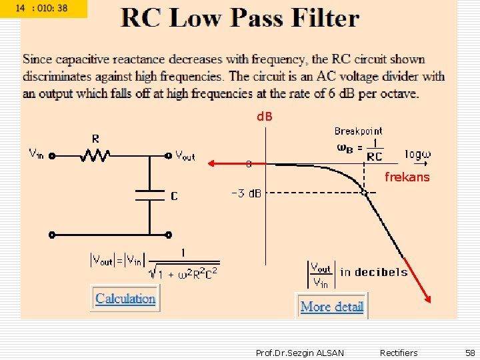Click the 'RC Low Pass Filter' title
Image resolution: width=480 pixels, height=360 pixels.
point(240,18)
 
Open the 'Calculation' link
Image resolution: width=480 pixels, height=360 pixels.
point(125,299)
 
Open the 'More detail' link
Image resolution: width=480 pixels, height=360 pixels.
point(332,307)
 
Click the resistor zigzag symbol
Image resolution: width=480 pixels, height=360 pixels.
point(96,156)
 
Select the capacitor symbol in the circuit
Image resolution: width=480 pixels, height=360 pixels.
point(149,195)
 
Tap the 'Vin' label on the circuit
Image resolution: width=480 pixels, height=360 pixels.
point(36,153)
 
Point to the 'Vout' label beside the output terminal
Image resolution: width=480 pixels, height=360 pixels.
point(185,156)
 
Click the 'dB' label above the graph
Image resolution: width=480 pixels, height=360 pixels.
point(265,117)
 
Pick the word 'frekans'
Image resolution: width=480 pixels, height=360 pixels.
point(407,177)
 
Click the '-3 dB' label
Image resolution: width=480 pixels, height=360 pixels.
point(246,194)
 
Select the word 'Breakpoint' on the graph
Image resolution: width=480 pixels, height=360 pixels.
point(359,131)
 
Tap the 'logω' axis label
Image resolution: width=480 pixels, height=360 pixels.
point(418,155)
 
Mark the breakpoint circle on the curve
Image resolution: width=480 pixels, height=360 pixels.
point(364,193)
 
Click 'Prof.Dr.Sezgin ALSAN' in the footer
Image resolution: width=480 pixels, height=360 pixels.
point(300,353)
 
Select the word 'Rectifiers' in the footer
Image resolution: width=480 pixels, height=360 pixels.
point(399,353)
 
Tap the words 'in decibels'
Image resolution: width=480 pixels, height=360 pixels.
point(374,272)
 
